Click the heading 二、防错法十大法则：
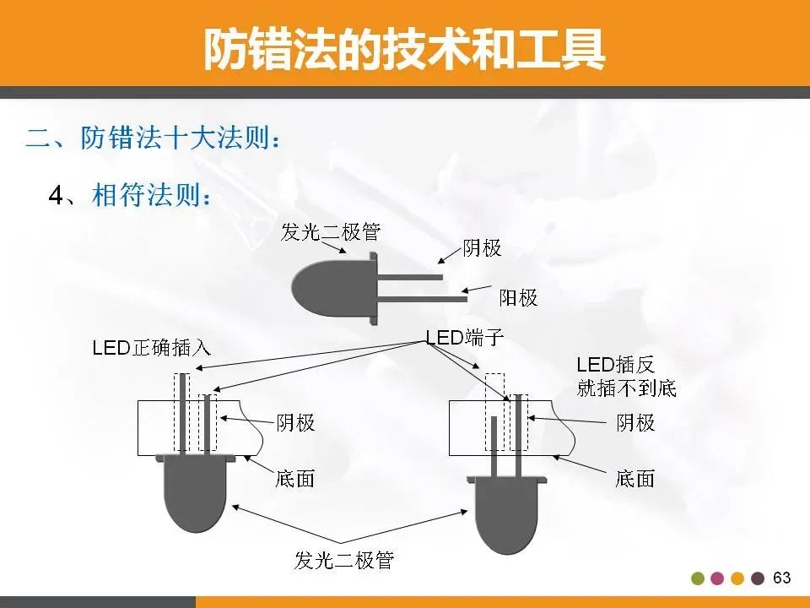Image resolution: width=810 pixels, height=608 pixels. point(152,138)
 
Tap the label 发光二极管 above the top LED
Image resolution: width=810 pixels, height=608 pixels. point(324,231)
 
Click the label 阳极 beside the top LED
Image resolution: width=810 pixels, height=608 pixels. point(518,297)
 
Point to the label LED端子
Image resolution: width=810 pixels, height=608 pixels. point(464,338)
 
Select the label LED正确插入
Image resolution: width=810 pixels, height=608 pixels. point(151,347)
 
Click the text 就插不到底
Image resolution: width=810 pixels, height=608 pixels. point(626,388)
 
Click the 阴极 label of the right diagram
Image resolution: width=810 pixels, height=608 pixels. point(635,422)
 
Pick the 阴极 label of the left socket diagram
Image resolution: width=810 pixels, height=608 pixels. point(296,422)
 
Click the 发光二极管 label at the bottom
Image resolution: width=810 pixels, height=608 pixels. point(344,560)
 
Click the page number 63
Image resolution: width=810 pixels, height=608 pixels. point(781,578)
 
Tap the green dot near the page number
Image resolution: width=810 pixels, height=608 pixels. point(698,579)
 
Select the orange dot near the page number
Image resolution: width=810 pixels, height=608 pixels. point(738,579)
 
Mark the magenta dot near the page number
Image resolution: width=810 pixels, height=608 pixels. point(718,579)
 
